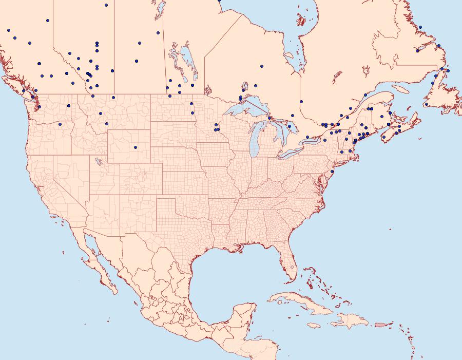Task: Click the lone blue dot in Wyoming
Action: point(136,147)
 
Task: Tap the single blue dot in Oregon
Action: point(60,124)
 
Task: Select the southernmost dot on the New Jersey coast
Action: point(332,171)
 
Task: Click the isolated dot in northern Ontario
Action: point(262,66)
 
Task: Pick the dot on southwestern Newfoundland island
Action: point(426,104)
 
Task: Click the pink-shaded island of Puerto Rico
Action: point(380,324)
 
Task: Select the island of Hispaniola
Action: point(352,321)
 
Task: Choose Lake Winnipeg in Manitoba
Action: point(186,59)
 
